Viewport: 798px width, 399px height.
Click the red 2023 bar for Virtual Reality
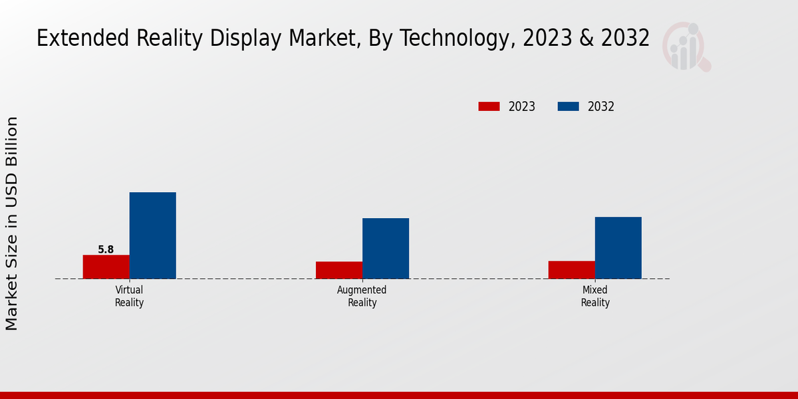coord(106,267)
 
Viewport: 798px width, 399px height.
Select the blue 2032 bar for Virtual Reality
coord(152,235)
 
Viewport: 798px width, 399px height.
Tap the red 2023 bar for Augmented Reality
coord(339,270)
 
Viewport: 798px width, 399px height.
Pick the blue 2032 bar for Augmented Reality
coord(386,248)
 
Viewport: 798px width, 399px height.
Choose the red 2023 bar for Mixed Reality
coord(572,269)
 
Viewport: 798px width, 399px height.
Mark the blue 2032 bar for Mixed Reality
coord(618,247)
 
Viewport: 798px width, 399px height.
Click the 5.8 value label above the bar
coord(106,250)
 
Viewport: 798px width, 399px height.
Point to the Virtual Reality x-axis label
coord(129,297)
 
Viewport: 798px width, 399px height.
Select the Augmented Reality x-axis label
coord(362,297)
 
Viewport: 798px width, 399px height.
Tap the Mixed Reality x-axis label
coord(595,297)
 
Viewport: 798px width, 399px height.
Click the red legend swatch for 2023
coord(489,106)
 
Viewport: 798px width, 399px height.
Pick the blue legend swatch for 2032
coord(568,106)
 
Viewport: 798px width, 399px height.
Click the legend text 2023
coord(522,106)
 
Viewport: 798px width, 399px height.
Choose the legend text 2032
coord(601,106)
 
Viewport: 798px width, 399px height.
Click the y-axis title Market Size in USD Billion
coord(12,223)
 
